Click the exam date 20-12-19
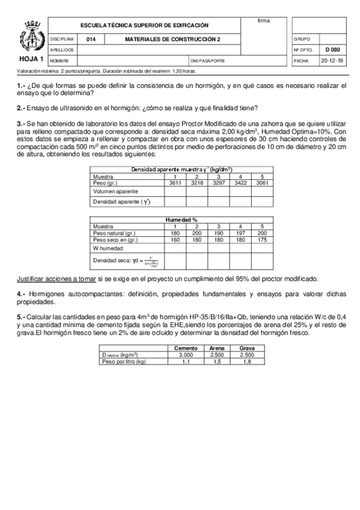[x=332, y=61]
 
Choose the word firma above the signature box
[x=263, y=21]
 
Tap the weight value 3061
[x=261, y=182]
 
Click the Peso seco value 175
[x=261, y=239]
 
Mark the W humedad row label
[x=108, y=248]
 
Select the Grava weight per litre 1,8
[x=246, y=361]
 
